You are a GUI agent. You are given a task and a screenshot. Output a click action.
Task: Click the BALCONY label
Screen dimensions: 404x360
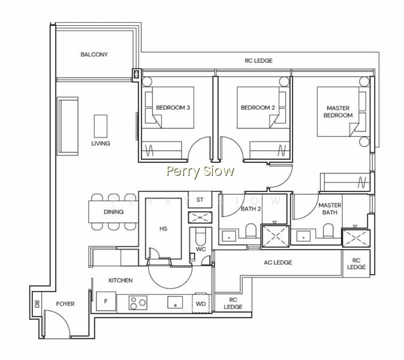94,55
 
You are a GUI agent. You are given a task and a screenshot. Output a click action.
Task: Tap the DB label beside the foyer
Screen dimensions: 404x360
37,304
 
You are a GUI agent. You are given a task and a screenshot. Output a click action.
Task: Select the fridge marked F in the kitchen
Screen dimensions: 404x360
106,301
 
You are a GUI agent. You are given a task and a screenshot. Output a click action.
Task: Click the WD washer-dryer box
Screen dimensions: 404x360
201,304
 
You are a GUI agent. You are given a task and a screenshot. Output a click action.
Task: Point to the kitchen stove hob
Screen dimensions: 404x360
138,303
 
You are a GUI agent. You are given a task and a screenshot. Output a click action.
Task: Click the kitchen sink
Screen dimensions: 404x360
175,302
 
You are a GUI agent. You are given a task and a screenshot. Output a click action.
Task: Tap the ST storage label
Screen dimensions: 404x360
200,200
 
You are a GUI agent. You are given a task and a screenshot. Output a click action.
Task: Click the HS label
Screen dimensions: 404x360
164,229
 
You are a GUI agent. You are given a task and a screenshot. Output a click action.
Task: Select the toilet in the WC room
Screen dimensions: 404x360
200,236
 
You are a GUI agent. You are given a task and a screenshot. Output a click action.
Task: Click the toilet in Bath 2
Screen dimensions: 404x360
251,230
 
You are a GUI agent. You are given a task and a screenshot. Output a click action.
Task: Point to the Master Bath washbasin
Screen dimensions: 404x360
303,236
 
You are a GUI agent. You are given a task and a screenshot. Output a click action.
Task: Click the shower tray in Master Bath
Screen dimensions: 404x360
356,238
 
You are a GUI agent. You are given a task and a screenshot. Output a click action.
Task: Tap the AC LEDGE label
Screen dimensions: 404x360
278,263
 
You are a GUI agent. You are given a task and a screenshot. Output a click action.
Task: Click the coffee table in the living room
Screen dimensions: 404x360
101,127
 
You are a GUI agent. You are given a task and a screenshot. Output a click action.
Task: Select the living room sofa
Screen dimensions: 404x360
68,126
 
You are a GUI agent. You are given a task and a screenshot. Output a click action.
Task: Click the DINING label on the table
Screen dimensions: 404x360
114,212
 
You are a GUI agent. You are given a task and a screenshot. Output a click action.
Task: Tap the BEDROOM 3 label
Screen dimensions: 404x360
173,107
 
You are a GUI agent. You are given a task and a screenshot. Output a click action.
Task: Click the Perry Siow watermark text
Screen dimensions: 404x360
200,171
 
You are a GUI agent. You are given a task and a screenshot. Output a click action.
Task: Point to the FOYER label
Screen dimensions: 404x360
65,304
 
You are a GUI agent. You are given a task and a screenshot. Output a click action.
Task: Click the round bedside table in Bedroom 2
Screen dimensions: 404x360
284,82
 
